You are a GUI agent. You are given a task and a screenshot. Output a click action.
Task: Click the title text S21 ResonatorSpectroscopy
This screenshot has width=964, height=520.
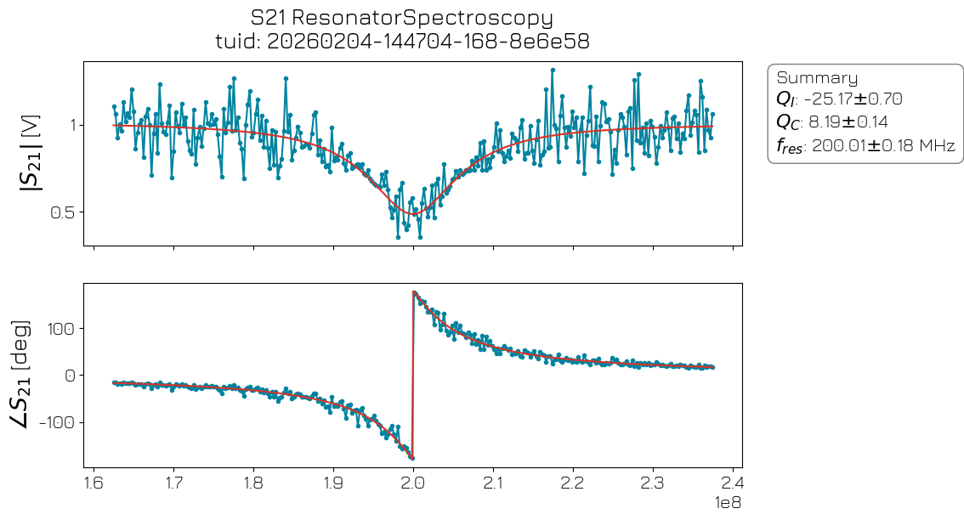[x=401, y=18]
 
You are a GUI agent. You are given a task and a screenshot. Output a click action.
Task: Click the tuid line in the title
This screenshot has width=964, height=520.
[x=401, y=42]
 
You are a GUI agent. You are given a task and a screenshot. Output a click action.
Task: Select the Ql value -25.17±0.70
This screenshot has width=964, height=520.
[x=853, y=100]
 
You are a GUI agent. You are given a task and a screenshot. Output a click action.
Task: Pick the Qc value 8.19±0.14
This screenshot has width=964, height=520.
[x=848, y=122]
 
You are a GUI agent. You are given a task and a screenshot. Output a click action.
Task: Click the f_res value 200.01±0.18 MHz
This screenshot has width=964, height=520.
[x=883, y=145]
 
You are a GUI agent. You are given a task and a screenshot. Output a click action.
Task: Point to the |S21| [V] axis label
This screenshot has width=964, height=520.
[x=31, y=153]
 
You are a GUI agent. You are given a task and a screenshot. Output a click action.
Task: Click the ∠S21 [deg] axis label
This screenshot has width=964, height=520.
[x=31, y=375]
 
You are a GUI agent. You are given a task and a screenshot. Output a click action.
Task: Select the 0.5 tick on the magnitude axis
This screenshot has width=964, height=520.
[x=64, y=212]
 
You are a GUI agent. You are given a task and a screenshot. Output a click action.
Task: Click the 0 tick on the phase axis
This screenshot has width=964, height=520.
[x=71, y=376]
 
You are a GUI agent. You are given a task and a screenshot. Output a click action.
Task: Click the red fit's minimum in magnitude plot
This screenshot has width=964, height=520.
[x=414, y=214]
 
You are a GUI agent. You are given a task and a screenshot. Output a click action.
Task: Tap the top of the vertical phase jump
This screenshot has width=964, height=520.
[x=414, y=292]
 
